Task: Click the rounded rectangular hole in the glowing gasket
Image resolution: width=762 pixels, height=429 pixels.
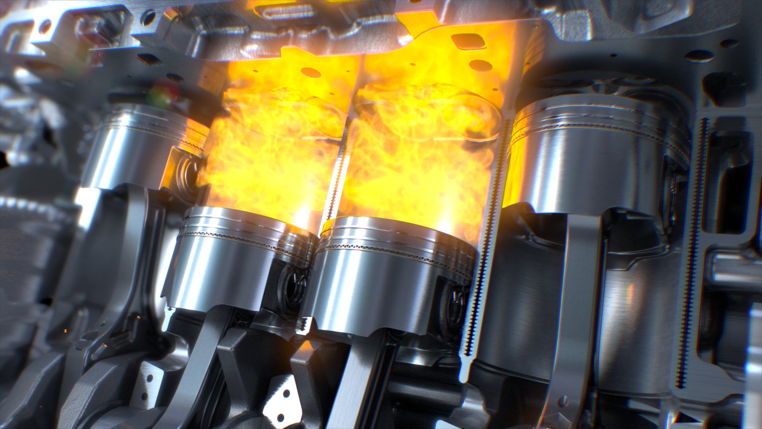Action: coord(468,41)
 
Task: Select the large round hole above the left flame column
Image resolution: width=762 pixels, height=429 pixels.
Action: coord(310,72)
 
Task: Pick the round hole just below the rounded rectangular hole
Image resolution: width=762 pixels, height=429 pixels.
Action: coord(481,65)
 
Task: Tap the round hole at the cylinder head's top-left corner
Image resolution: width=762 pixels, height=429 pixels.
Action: coord(44,26)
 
